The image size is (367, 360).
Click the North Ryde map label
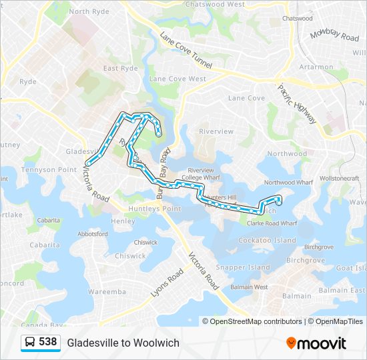pyautogui.click(x=88, y=11)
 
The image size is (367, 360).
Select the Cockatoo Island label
pyautogui.click(x=267, y=240)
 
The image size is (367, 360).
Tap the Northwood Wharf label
pyautogui.click(x=288, y=182)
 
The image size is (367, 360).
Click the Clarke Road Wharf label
pyautogui.click(x=267, y=223)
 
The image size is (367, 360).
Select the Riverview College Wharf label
pyautogui.click(x=200, y=174)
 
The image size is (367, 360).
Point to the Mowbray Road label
pyautogui.click(x=334, y=34)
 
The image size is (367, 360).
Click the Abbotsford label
pyautogui.click(x=93, y=234)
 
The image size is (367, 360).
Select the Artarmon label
pyautogui.click(x=316, y=67)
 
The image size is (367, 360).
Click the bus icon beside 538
pyautogui.click(x=30, y=343)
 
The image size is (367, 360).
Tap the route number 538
pyautogui.click(x=47, y=342)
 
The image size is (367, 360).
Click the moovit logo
pyautogui.click(x=316, y=343)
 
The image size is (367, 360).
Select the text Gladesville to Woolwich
pyautogui.click(x=123, y=343)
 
